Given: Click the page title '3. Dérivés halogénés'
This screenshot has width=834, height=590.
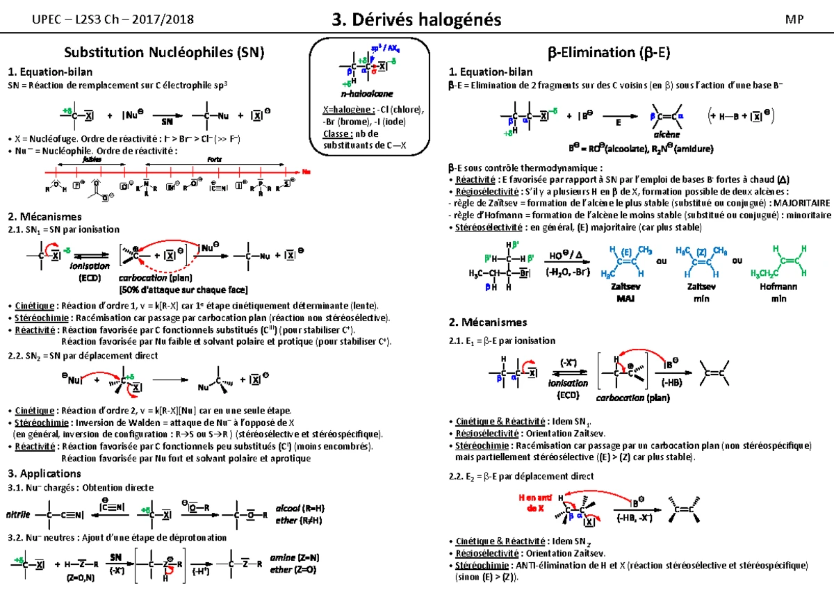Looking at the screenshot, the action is pos(417,20).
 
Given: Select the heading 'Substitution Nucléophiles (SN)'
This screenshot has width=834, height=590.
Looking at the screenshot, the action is pos(164,52).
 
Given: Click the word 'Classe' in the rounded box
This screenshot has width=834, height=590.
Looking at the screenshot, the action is pos(335,134).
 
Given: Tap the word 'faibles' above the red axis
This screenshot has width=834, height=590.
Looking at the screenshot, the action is pos(91,158).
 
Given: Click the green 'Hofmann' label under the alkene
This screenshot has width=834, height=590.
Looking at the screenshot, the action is pos(778,286).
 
